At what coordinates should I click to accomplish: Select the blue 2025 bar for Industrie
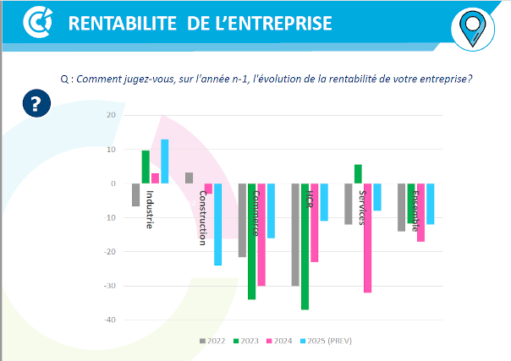[x=165, y=161]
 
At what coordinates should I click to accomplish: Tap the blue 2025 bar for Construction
[x=217, y=224]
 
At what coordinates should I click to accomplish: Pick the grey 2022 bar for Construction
[x=189, y=178]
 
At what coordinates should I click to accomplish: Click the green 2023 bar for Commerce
[x=251, y=241]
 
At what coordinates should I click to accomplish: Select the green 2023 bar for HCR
[x=305, y=246]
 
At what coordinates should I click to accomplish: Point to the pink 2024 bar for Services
[x=368, y=238]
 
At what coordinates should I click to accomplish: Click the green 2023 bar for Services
[x=358, y=174]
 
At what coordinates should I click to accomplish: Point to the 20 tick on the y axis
[x=110, y=115]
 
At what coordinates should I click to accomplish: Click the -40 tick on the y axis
[x=108, y=320]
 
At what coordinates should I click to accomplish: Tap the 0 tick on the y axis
[x=113, y=183]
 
